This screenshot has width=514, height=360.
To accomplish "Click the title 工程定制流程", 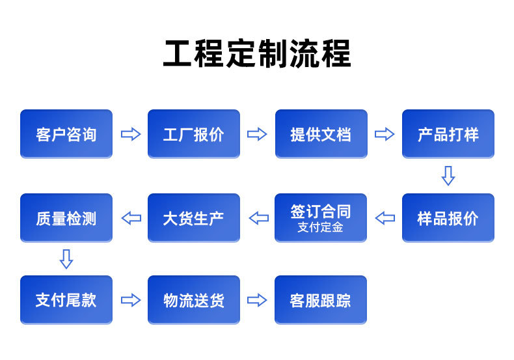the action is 257,53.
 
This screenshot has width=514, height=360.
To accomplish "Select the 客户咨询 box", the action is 66,133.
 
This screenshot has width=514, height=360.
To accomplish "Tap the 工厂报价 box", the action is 194,133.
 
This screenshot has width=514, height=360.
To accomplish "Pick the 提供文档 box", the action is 321,133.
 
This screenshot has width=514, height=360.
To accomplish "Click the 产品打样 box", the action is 448,133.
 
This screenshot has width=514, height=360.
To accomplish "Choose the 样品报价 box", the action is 448,217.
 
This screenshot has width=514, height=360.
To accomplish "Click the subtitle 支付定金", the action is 320,227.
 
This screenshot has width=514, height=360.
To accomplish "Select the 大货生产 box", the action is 194,217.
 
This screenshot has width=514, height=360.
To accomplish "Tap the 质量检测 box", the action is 66,217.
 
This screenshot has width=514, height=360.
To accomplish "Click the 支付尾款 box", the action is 66,299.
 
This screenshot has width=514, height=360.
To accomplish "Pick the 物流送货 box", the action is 194,299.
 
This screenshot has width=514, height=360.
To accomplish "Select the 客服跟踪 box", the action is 321,299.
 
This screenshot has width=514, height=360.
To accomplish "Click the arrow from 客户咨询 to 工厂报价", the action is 131,133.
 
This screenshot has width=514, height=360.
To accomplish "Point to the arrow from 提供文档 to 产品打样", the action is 385,133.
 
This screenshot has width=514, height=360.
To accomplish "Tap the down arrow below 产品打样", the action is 448,176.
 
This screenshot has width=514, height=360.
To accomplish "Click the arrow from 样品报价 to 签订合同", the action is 385,218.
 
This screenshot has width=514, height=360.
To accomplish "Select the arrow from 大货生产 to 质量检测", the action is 131,218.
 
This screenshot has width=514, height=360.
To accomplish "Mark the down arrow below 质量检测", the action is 66,259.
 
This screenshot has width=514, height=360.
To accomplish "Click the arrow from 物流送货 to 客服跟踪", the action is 257,300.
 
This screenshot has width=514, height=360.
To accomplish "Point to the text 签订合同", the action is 321,211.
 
